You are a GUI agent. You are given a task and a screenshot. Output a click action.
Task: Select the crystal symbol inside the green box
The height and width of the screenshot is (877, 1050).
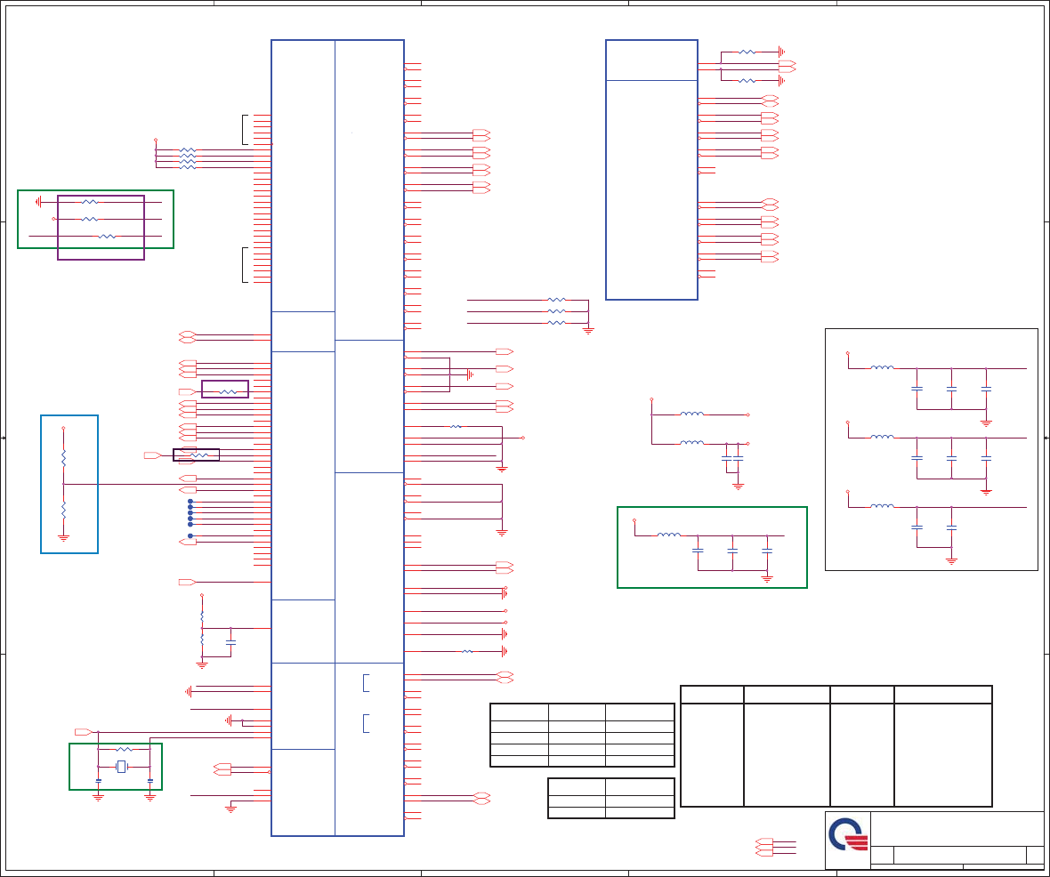(122, 767)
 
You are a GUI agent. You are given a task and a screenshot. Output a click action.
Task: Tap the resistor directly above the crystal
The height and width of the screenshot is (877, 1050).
(124, 750)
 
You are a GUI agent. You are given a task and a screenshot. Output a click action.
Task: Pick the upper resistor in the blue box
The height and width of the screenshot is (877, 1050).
(63, 457)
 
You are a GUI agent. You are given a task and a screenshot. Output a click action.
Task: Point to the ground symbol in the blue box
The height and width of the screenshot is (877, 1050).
(63, 537)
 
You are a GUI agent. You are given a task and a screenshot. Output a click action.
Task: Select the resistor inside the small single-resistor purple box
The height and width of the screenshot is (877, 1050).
(228, 391)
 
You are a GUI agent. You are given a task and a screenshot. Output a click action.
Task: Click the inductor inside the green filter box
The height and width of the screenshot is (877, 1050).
(668, 535)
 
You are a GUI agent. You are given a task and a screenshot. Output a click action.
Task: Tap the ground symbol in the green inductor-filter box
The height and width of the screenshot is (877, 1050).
(767, 578)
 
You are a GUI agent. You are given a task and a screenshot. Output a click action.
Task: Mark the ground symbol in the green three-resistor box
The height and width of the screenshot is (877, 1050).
(38, 202)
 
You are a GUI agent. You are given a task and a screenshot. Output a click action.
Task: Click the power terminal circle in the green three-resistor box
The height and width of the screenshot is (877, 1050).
(54, 219)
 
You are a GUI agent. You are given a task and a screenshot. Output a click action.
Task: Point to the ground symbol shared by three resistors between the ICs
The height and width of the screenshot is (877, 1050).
(588, 330)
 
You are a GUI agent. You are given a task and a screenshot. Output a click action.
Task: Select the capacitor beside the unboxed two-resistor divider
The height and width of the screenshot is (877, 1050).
(231, 641)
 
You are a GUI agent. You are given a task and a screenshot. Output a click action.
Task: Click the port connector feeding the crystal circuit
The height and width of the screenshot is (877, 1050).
(82, 732)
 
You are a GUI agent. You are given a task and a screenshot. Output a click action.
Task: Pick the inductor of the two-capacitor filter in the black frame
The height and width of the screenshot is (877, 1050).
(882, 506)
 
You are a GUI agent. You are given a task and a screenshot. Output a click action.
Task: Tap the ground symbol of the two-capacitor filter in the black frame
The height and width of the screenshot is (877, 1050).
(951, 560)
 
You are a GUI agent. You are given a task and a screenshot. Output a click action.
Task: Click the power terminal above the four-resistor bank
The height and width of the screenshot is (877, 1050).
(156, 140)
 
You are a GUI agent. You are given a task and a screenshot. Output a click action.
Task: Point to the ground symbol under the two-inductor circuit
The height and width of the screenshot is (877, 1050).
(737, 486)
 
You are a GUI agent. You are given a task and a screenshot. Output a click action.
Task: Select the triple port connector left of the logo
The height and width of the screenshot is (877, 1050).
(763, 847)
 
